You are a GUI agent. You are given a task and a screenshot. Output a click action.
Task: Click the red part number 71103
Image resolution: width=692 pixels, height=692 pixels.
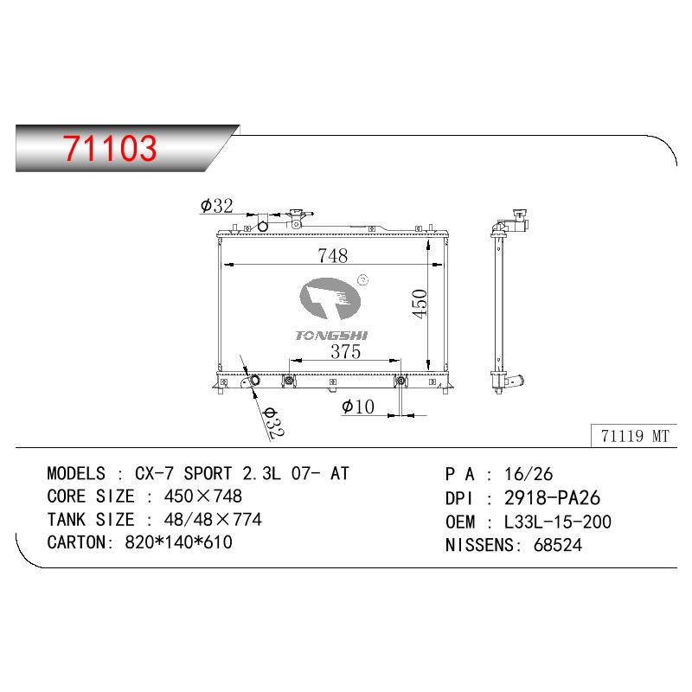[110, 148]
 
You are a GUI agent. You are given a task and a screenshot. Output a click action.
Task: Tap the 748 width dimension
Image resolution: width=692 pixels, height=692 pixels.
[333, 255]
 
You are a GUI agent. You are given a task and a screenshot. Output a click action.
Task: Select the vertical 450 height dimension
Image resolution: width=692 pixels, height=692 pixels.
[420, 304]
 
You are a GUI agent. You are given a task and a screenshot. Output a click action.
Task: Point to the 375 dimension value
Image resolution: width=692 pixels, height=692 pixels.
[345, 352]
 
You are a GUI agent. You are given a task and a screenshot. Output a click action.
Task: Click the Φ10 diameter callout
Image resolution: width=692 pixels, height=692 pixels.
[358, 407]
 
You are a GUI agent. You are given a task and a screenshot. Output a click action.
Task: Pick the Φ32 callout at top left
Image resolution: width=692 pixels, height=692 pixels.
[216, 206]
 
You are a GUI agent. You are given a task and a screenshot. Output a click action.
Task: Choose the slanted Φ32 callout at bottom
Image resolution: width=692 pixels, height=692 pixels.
[273, 422]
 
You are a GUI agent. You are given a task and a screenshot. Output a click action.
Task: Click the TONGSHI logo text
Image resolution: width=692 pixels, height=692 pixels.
[331, 336]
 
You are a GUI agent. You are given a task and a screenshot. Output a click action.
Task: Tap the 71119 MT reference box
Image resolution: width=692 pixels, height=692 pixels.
[634, 436]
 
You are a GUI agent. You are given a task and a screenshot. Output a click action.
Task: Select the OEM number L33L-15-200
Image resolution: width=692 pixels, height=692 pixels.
[557, 522]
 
